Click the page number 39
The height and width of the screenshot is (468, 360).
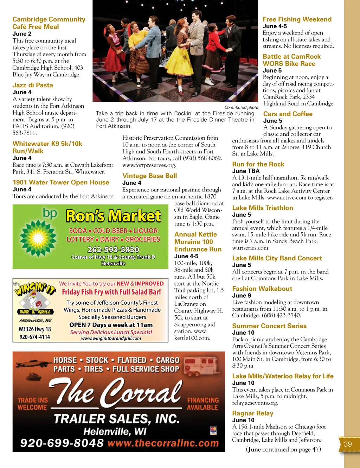pos(348,444)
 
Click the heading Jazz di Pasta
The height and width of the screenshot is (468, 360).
pos(33,85)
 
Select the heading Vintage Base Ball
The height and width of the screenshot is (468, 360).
pos(149,176)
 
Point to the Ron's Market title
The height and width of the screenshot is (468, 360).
pos(114,216)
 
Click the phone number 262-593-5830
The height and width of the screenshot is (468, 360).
pos(113,249)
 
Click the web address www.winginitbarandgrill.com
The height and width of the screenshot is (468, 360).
pos(111,339)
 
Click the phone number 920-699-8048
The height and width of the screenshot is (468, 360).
pos(62,443)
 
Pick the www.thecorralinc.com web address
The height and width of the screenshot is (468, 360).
pos(163,443)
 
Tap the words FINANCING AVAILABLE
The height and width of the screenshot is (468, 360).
pos(203,404)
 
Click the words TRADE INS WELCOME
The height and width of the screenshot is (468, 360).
pos(32,404)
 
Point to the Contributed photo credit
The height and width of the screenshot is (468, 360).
pos(241,107)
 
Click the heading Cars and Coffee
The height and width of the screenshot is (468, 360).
pos(288,114)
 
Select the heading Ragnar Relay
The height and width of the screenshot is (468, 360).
pos(252,413)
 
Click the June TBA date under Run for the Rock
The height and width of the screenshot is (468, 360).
pos(246,171)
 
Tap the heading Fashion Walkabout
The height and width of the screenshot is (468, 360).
pos(262,289)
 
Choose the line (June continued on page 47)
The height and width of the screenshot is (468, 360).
pos(283,449)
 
